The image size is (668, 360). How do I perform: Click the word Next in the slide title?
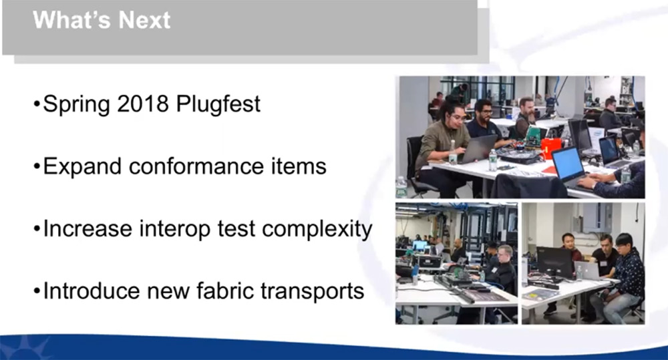pyautogui.click(x=144, y=19)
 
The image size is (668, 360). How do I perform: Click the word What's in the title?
pyautogui.click(x=72, y=19)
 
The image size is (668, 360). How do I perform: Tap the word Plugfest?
pyautogui.click(x=218, y=104)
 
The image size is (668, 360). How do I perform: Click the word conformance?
pyautogui.click(x=196, y=166)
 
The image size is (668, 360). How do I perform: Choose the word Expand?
pyautogui.click(x=82, y=166)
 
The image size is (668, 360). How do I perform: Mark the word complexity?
pyautogui.click(x=317, y=229)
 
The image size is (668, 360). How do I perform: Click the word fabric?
pyautogui.click(x=224, y=291)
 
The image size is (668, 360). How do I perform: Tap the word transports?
pyautogui.click(x=312, y=292)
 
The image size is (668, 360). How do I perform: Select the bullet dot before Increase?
pyautogui.click(x=37, y=230)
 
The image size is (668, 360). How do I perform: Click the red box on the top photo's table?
pyautogui.click(x=551, y=148)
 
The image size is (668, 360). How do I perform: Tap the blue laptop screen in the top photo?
pyautogui.click(x=567, y=164)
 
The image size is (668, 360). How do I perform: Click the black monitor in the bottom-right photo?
pyautogui.click(x=554, y=262)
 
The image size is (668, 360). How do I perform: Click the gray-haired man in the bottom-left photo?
pyautogui.click(x=504, y=268)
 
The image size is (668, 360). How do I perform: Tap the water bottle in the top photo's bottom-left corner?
pyautogui.click(x=401, y=187)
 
